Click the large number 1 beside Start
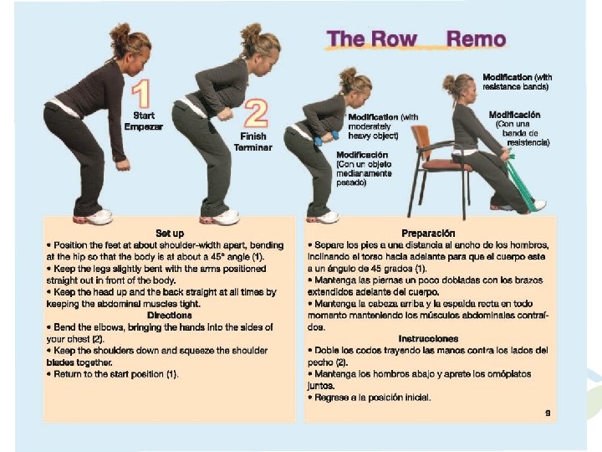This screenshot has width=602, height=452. click(x=141, y=94)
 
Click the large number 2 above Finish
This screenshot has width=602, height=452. click(x=256, y=113)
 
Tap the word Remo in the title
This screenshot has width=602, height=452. click(x=476, y=39)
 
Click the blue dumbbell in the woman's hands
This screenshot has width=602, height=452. click(x=326, y=138)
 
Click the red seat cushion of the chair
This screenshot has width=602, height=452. click(x=446, y=166)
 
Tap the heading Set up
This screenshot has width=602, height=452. click(x=170, y=234)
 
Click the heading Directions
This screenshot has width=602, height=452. click(x=169, y=316)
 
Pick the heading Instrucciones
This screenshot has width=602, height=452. click(x=428, y=339)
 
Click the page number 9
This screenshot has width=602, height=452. click(x=548, y=413)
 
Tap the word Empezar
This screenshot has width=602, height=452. click(x=144, y=127)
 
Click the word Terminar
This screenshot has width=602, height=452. click(x=253, y=147)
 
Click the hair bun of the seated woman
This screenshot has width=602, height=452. click(x=449, y=83)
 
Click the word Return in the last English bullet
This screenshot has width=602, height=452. click(x=66, y=374)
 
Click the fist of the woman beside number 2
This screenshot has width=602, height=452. click(x=224, y=114)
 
